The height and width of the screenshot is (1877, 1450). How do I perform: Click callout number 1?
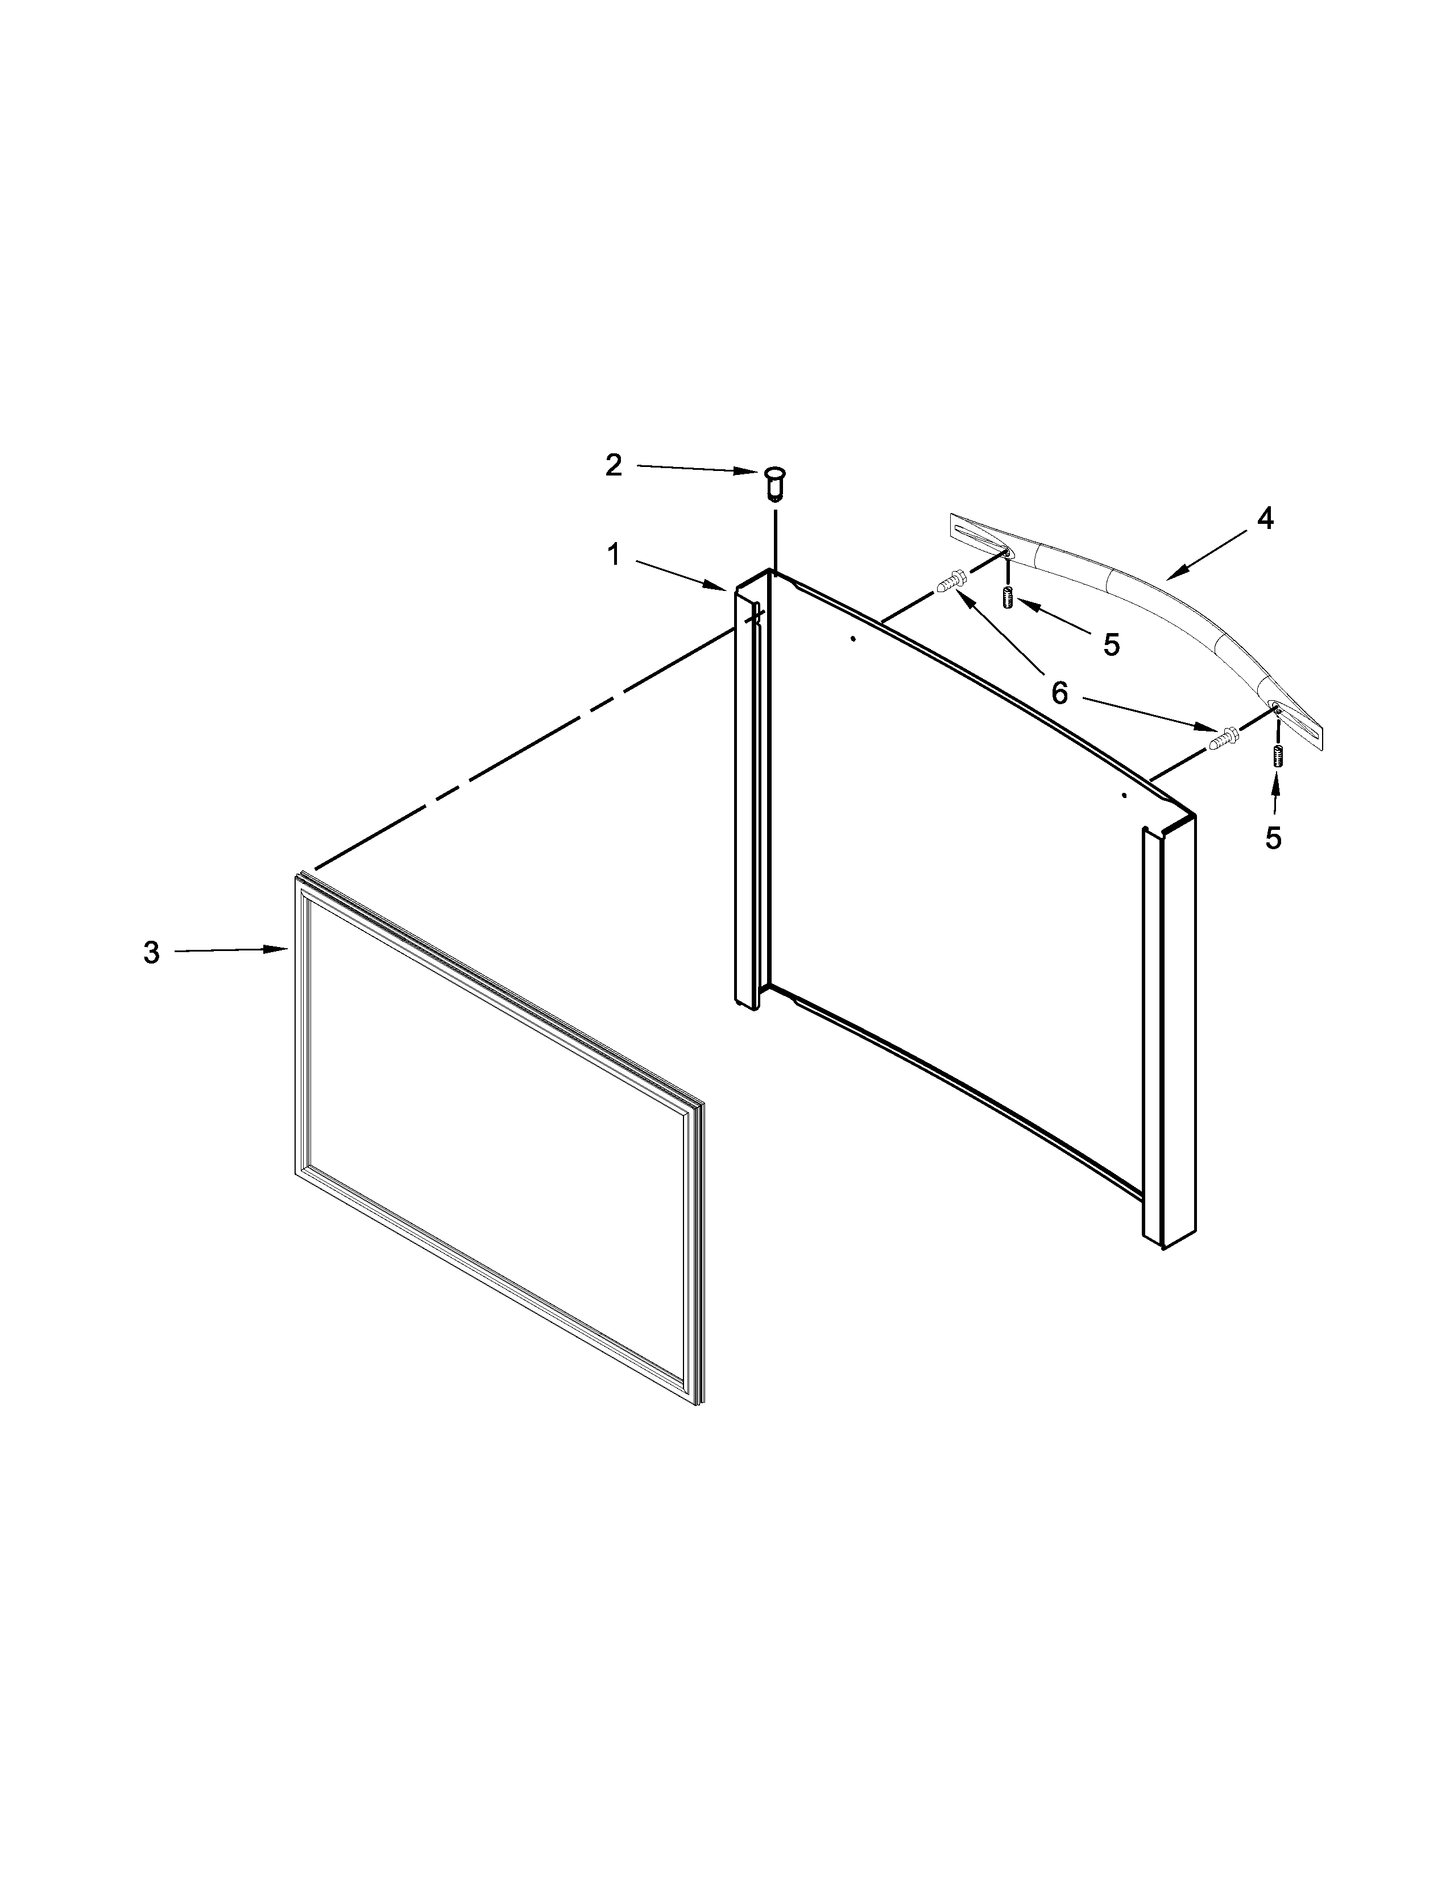pyautogui.click(x=614, y=555)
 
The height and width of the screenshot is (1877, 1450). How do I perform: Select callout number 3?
pyautogui.click(x=151, y=952)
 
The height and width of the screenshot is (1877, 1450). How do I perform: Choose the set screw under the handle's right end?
pyautogui.click(x=1277, y=756)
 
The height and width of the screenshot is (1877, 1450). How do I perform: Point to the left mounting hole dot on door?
pyautogui.click(x=852, y=639)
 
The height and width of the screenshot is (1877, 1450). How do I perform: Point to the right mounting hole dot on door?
pyautogui.click(x=1124, y=796)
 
